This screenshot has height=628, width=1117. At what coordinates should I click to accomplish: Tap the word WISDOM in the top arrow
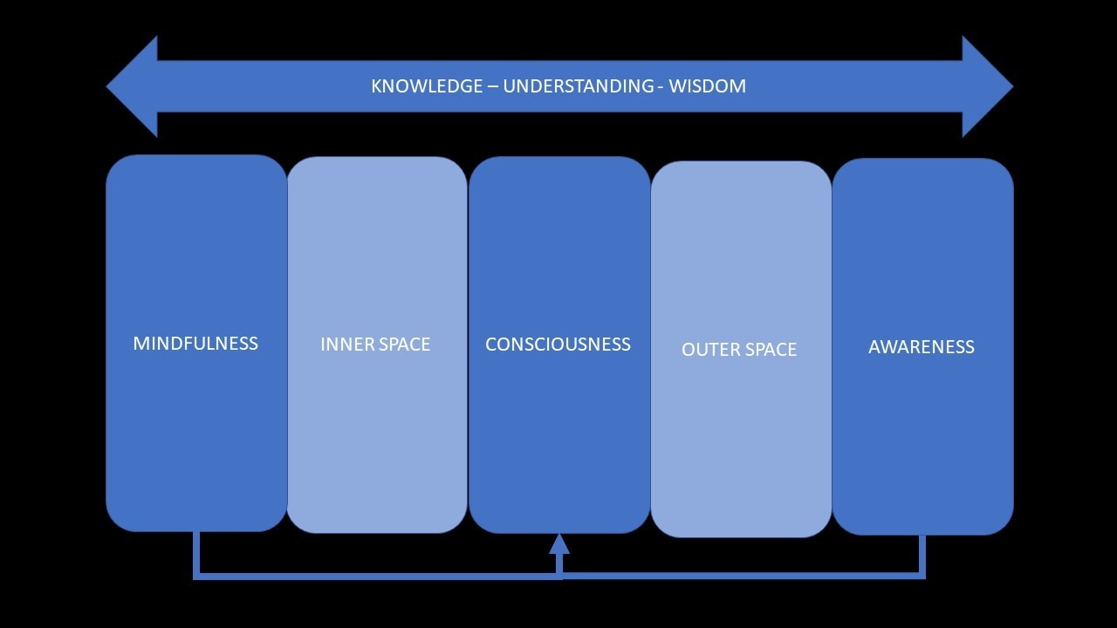(x=708, y=86)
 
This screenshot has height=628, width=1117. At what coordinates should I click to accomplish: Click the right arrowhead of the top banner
(x=986, y=86)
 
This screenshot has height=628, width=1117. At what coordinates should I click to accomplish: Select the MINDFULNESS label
(x=195, y=344)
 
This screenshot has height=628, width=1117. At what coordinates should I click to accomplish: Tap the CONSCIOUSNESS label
(x=558, y=345)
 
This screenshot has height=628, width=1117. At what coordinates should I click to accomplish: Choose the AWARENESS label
(x=922, y=347)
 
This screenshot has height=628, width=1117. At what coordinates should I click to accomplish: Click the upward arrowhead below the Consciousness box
(x=559, y=544)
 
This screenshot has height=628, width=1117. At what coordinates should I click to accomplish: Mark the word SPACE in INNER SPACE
(x=403, y=345)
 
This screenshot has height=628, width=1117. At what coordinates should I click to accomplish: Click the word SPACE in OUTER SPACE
(x=769, y=350)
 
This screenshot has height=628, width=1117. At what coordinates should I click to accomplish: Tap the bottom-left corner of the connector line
(x=196, y=575)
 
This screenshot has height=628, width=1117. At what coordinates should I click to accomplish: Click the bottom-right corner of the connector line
(x=922, y=575)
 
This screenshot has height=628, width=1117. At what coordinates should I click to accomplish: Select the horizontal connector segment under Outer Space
(x=740, y=575)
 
